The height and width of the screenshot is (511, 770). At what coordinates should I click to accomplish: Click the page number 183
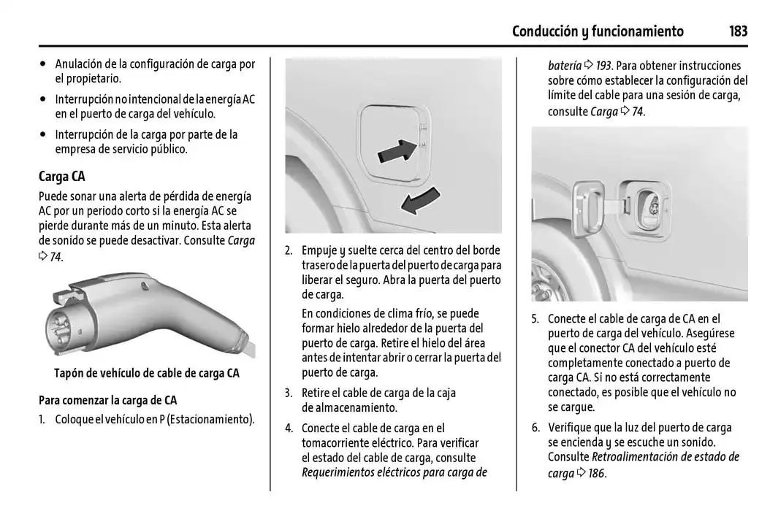(738, 31)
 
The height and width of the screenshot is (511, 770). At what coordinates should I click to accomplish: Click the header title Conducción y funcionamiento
(598, 31)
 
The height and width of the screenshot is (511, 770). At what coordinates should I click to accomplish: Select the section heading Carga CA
(62, 176)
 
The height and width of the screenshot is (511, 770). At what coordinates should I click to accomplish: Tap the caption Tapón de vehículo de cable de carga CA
(147, 373)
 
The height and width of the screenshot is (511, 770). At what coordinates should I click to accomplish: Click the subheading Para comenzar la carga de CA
(107, 400)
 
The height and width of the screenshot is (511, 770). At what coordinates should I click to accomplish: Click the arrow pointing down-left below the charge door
(422, 201)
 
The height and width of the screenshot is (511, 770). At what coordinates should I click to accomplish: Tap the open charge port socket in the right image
(652, 208)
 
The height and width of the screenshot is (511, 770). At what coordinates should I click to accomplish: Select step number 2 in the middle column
(289, 250)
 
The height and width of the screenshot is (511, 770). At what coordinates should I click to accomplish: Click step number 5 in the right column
(535, 318)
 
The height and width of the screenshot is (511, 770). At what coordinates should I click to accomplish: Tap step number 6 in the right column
(535, 428)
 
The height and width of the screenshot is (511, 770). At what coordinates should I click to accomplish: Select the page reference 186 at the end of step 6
(596, 473)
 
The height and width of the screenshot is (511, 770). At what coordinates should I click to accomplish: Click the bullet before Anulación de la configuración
(45, 64)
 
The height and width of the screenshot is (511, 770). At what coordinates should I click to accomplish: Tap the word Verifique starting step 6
(572, 428)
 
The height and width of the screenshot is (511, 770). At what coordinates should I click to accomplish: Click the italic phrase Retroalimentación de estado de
(665, 457)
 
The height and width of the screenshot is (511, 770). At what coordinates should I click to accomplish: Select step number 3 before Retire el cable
(289, 393)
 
